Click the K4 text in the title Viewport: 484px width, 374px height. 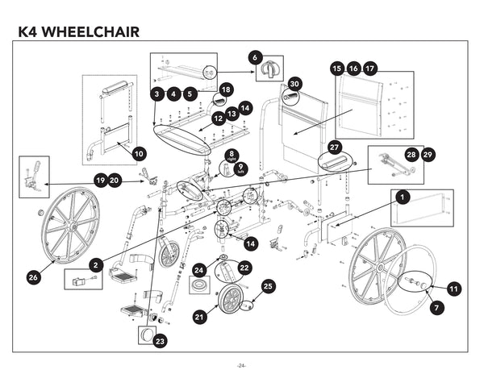pyautogui.click(x=31, y=32)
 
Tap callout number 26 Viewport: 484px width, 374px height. pyautogui.click(x=33, y=277)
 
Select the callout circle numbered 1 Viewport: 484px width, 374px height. pyautogui.click(x=401, y=196)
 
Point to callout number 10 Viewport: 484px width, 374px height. pyautogui.click(x=138, y=152)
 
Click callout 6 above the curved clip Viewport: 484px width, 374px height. pyautogui.click(x=255, y=57)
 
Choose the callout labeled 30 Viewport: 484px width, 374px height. pyautogui.click(x=294, y=84)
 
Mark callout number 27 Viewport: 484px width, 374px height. pyautogui.click(x=335, y=148)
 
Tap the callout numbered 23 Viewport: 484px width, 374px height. pyautogui.click(x=161, y=341)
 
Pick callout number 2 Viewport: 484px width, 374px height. pyautogui.click(x=97, y=264)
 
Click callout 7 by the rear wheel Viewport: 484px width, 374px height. pyautogui.click(x=436, y=307)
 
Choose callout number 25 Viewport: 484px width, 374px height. pyautogui.click(x=269, y=285)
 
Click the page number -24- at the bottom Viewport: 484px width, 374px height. pyautogui.click(x=240, y=364)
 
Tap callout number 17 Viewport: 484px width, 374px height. pyautogui.click(x=369, y=69)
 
